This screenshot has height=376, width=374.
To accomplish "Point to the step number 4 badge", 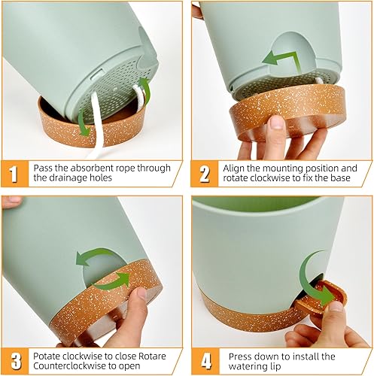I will (x=205, y=359).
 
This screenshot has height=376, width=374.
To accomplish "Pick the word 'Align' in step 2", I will (x=236, y=168).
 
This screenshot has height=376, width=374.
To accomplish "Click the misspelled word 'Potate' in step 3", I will (x=47, y=353).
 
